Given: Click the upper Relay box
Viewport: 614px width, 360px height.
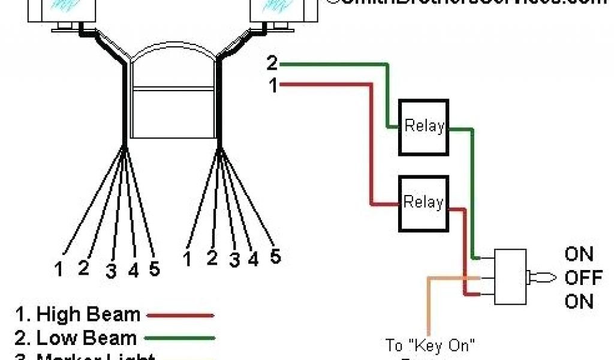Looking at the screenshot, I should click(424, 125).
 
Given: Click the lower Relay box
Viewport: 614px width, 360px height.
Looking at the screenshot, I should click(424, 202).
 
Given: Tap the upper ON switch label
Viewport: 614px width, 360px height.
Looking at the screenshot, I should click(579, 254).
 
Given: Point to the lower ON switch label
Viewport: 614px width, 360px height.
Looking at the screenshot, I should click(579, 301).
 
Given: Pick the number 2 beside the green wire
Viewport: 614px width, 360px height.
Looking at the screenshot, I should click(272, 63).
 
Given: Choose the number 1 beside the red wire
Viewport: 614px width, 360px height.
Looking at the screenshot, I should click(273, 86).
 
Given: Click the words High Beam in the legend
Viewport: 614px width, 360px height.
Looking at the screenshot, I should click(88, 314).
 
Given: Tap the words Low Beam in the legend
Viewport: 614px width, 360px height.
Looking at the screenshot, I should click(86, 338).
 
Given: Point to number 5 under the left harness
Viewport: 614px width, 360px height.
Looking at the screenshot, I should click(154, 269).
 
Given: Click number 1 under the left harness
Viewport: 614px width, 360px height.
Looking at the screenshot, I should click(58, 269).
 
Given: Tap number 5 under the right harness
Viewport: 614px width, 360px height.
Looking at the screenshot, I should click(275, 256).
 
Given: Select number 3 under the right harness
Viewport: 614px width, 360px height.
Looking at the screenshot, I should click(234, 260).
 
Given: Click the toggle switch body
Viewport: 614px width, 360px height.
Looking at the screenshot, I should click(510, 278).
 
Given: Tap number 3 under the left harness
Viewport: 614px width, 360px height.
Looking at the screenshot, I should click(111, 271).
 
